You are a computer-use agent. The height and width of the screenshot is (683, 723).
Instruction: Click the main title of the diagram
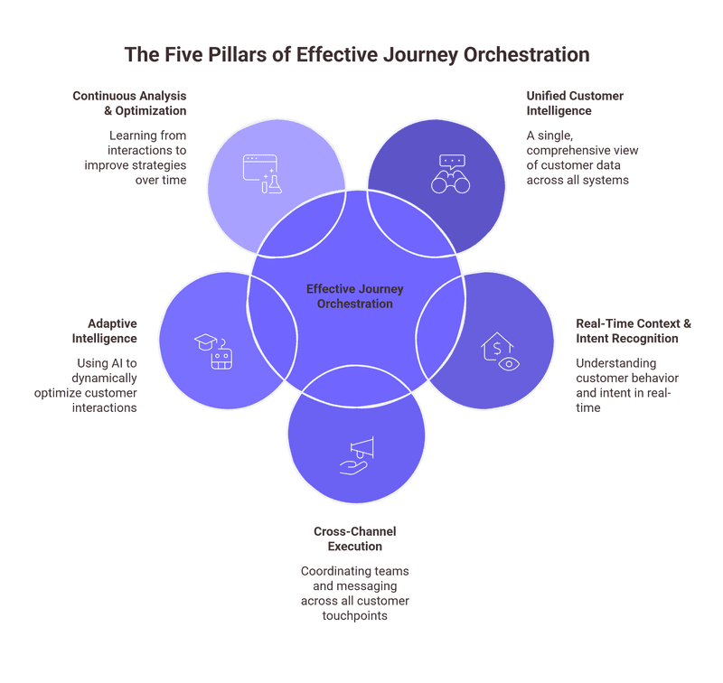(356, 54)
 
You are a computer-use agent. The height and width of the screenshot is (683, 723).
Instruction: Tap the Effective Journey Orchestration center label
(354, 296)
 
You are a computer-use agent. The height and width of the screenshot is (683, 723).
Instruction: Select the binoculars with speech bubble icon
(450, 174)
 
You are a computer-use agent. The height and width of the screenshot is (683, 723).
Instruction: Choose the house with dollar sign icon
(501, 351)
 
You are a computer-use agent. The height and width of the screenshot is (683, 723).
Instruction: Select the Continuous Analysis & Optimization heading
(129, 103)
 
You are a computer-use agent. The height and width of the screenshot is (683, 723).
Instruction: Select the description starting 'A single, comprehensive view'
(578, 158)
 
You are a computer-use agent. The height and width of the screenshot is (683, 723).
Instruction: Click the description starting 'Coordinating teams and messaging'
(355, 594)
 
